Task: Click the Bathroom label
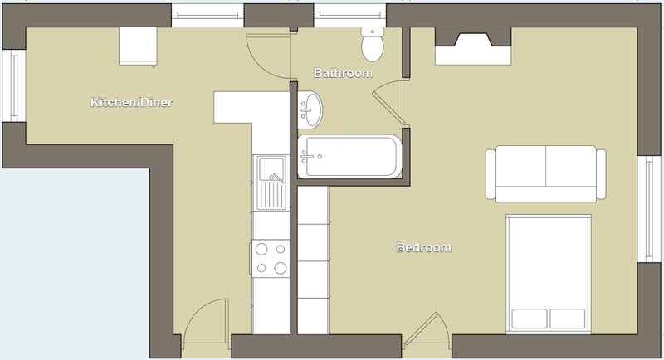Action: point(343,73)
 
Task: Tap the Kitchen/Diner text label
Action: point(132,102)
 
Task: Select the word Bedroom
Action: point(424,247)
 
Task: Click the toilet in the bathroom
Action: point(373,44)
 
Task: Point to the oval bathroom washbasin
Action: point(310,110)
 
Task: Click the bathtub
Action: point(349,157)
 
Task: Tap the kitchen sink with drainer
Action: point(271,182)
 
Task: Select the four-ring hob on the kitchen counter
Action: point(271,259)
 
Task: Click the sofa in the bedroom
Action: point(546,173)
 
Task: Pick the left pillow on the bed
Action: point(530,319)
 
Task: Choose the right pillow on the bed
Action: point(568,319)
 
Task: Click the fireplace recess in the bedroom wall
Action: point(473,46)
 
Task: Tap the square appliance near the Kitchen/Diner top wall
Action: point(138,46)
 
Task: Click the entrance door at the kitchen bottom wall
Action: point(206,324)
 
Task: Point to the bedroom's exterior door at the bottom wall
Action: point(427,330)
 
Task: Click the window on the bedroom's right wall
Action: point(649,209)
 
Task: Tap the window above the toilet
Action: point(350,16)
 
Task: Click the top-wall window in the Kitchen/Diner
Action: point(207,16)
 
